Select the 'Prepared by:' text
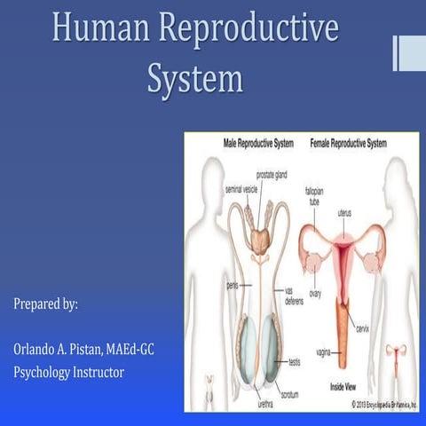(46, 304)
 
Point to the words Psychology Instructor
(68, 372)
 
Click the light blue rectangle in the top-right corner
(411, 52)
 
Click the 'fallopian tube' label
(315, 195)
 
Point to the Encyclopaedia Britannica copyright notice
(383, 405)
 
